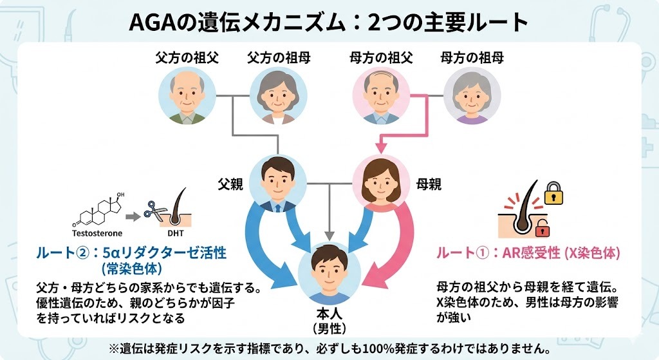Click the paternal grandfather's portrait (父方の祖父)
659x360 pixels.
click(x=187, y=97)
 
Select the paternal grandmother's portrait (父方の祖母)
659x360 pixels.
click(x=279, y=97)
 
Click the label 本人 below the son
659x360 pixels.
click(x=329, y=315)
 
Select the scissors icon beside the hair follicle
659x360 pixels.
click(x=154, y=209)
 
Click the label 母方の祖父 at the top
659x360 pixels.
click(x=380, y=58)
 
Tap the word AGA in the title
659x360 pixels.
click(x=150, y=23)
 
